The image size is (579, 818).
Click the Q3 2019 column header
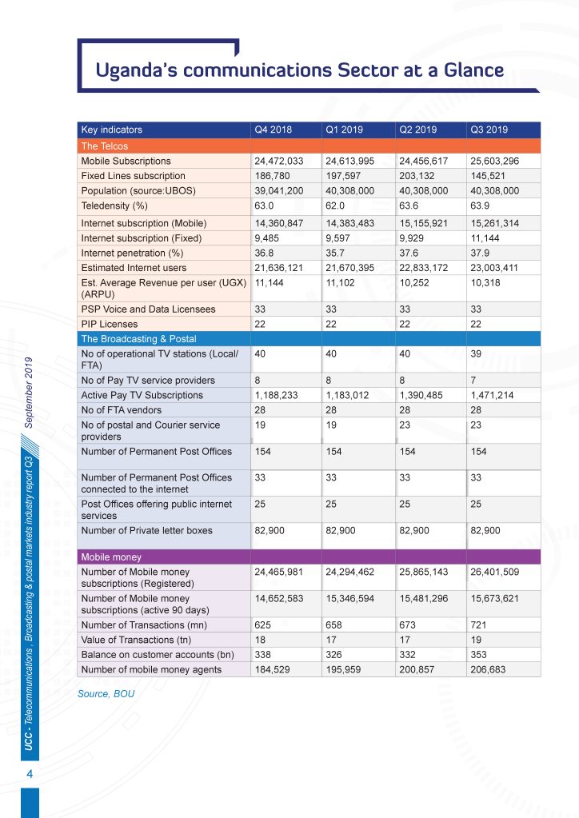[x=489, y=130]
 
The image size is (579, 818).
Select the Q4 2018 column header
[x=273, y=130]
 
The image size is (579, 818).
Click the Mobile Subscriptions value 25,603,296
[x=494, y=161]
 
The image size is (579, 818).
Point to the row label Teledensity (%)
[x=116, y=205]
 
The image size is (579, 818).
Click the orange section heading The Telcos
[x=104, y=146]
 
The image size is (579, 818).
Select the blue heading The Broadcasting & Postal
[x=138, y=339]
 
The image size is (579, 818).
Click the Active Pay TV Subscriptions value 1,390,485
[x=422, y=395]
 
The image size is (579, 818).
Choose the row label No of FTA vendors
[x=121, y=410]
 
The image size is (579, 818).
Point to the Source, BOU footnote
[x=106, y=693]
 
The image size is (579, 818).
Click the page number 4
[x=30, y=775]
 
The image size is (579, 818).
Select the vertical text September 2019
[x=29, y=393]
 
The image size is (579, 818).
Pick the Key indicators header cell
[x=112, y=130]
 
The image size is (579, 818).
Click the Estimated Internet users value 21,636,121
[x=278, y=268]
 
